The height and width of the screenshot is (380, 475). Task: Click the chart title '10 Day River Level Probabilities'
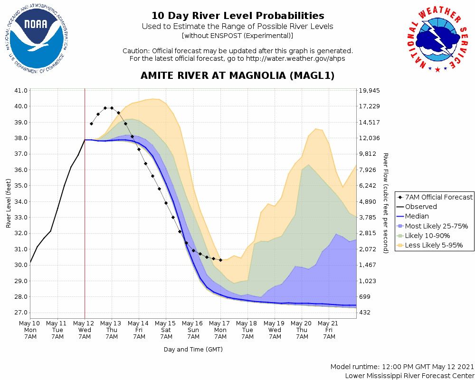[x=237, y=16]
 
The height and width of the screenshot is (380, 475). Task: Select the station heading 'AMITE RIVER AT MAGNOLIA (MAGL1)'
[x=237, y=76]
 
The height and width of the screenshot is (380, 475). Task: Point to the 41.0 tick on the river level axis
[x=22, y=90]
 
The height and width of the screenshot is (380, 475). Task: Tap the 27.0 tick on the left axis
[x=22, y=313]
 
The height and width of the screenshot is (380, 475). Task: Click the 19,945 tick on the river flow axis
[x=370, y=90]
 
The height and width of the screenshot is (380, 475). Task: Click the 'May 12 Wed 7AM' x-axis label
[x=85, y=330]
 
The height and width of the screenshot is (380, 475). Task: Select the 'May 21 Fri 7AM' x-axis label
[x=329, y=330]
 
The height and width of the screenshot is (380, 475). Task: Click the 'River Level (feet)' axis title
[x=9, y=203]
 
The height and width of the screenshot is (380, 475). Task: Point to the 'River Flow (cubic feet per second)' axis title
[x=386, y=203]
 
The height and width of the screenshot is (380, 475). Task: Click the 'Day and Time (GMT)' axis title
[x=193, y=349]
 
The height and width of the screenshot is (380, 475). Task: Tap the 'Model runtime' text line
[x=402, y=367]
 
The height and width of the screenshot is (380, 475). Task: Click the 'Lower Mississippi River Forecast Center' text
[x=409, y=376]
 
